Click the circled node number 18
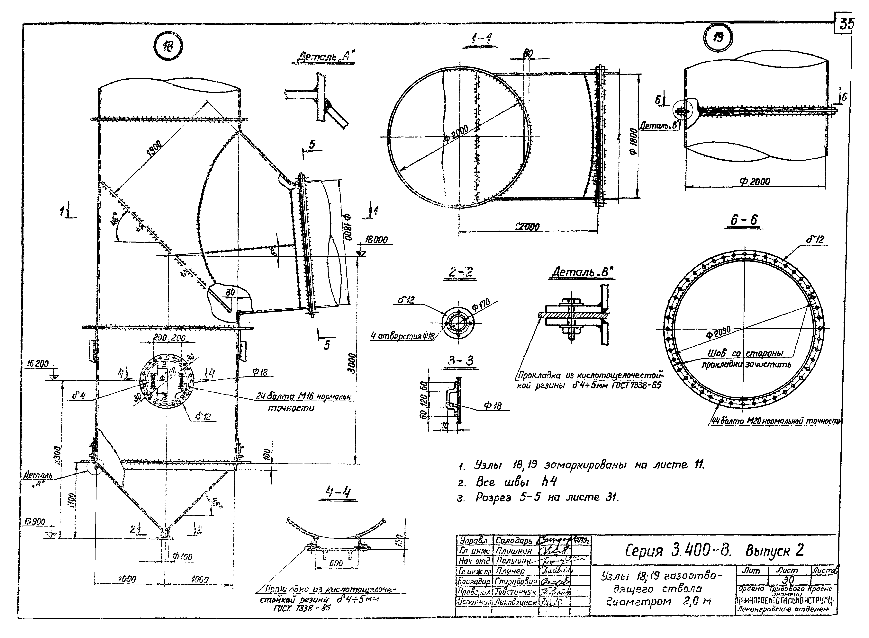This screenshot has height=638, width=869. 168,47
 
